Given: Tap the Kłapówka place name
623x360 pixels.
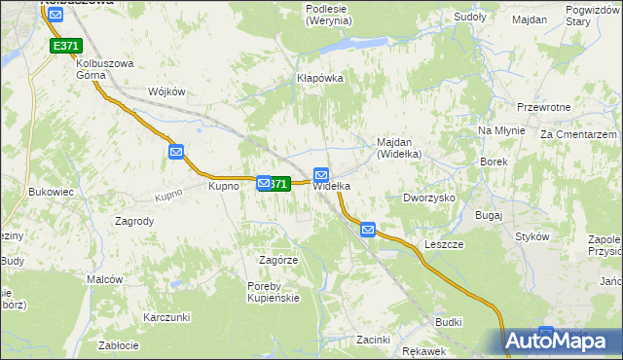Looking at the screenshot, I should coord(320,79).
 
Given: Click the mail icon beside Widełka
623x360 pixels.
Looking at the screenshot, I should coord(321,173).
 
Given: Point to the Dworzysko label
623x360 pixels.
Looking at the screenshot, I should coord(429,198).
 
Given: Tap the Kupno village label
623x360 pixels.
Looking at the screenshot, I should coord(224,185).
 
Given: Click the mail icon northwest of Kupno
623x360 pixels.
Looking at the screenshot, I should coord(176,151).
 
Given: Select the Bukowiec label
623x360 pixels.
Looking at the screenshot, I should coord(52,193).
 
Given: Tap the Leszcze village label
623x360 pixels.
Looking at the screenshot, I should coord(444,244).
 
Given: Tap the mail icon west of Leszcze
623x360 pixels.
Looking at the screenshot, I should coord(367,230).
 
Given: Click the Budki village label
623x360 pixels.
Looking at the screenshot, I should coord(449,321).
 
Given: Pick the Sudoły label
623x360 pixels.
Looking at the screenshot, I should coord(470,17).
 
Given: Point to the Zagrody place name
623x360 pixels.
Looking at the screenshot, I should coord(134,221).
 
